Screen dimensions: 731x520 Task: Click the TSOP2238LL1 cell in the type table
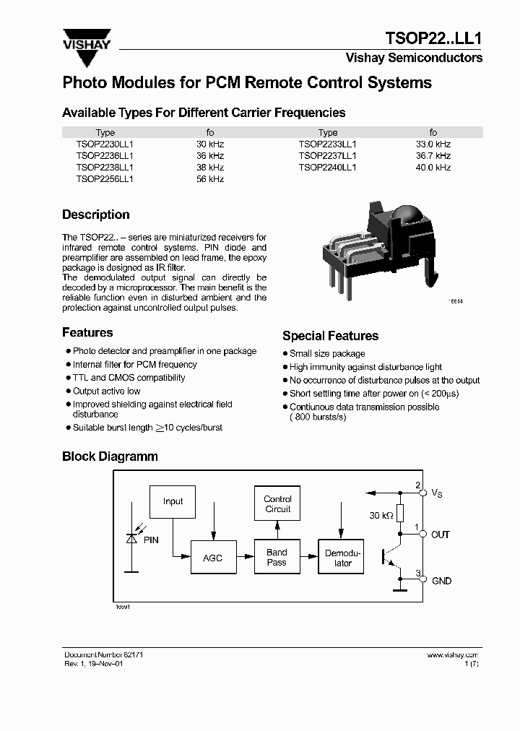pos(105,167)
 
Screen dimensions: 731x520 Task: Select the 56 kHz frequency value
pos(210,178)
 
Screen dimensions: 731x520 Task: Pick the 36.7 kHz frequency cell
pos(433,155)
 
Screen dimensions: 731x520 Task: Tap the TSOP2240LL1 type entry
pos(327,167)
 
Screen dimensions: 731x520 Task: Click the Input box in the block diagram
pos(173,501)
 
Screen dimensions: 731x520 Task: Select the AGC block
pos(213,558)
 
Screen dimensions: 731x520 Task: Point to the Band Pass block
pos(277,557)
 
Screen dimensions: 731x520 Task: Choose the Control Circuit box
pos(277,504)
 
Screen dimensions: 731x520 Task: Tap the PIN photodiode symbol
pos(132,537)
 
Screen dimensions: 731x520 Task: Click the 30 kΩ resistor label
pos(381,515)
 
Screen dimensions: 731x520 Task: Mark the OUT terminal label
pos(441,535)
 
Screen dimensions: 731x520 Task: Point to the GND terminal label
pos(441,581)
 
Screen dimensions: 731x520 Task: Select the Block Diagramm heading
pos(110,457)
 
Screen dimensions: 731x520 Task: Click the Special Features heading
pos(330,336)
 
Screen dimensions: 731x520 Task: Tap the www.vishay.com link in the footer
pos(453,654)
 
